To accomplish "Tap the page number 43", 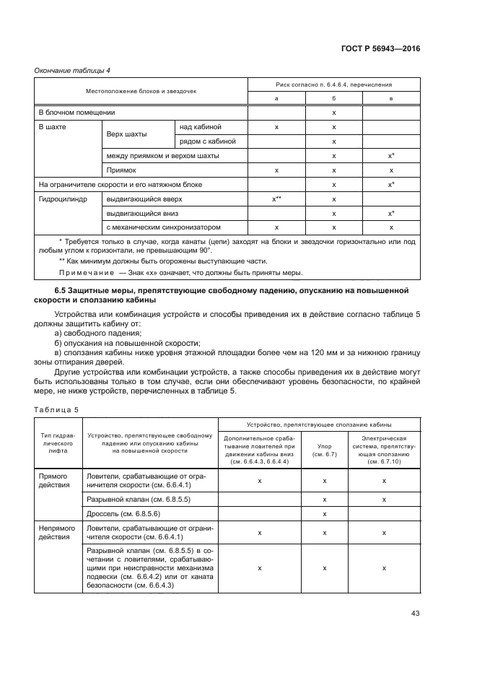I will click(415, 613).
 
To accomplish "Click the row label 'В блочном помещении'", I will click(76, 113).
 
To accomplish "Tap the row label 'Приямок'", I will click(121, 170).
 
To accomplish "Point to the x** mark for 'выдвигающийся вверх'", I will click(276, 199).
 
